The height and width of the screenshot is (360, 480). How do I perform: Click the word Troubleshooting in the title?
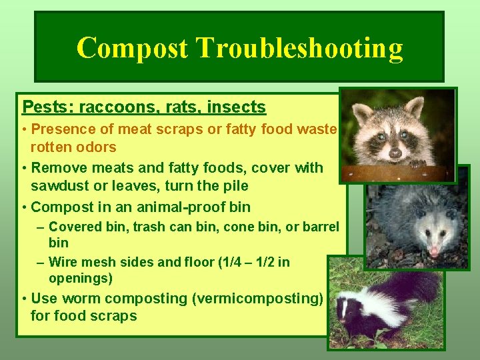pyautogui.click(x=299, y=49)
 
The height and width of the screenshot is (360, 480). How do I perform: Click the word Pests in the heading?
pyautogui.click(x=44, y=107)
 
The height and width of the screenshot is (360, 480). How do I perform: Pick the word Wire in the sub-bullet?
pyautogui.click(x=63, y=262)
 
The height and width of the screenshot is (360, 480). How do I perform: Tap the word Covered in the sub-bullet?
pyautogui.click(x=76, y=227)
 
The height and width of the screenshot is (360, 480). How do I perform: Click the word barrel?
pyautogui.click(x=321, y=227)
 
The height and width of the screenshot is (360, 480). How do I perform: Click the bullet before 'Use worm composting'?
pyautogui.click(x=24, y=299)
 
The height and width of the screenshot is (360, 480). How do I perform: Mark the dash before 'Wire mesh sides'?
pyautogui.click(x=41, y=262)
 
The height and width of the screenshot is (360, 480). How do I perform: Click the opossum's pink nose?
pyautogui.click(x=435, y=251)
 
